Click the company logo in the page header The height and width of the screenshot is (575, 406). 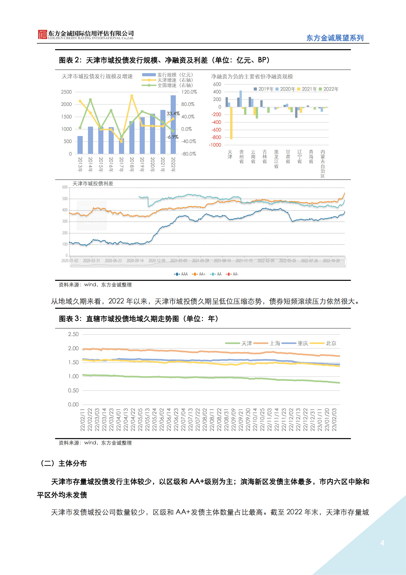(42, 34)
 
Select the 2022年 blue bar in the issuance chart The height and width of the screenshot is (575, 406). (173, 125)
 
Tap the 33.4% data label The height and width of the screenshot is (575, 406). (173, 114)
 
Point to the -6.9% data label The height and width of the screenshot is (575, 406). (172, 137)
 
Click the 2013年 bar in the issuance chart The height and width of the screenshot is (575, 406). (80, 145)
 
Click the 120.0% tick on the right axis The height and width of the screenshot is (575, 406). (189, 92)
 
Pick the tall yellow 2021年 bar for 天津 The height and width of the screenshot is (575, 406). (231, 123)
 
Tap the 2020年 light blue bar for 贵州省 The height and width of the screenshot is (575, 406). (241, 99)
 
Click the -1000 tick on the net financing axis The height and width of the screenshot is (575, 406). (215, 145)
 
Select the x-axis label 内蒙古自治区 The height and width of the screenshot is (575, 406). (323, 163)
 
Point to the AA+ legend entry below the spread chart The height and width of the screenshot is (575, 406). (199, 274)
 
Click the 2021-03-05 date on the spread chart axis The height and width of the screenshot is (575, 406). (179, 261)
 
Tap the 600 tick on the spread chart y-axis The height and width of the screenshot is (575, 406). (65, 187)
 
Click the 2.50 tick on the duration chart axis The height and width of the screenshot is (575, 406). (73, 334)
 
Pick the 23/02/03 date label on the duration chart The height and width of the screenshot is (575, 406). (334, 419)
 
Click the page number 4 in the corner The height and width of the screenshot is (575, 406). (382, 543)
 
